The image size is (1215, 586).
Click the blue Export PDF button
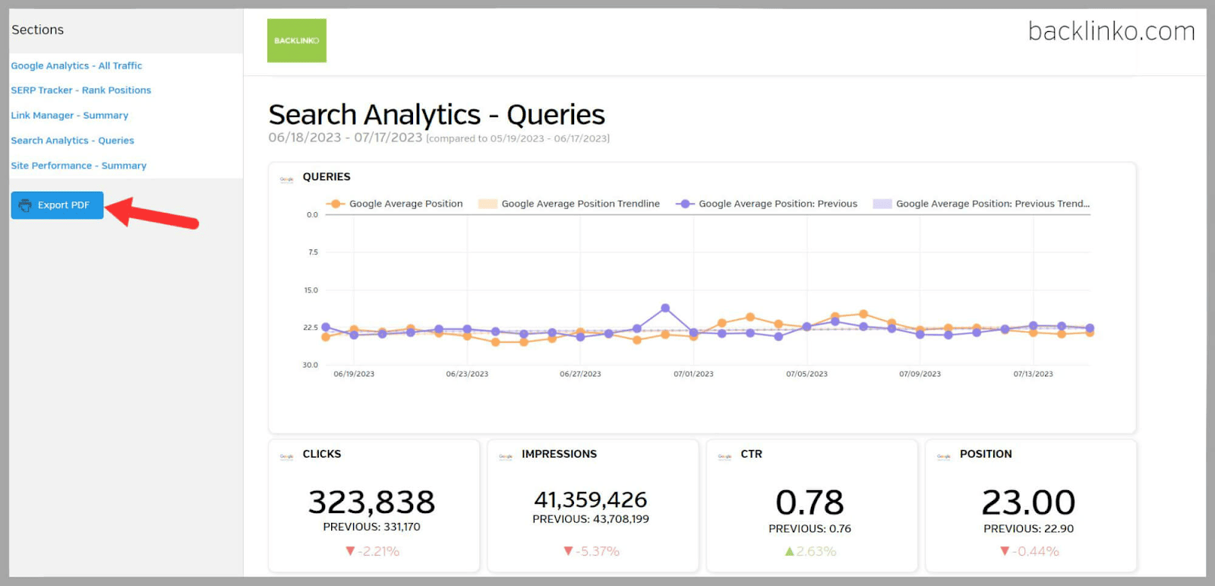[57, 205]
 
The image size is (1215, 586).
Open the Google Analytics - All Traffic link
[76, 66]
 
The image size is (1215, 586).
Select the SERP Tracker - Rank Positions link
[80, 90]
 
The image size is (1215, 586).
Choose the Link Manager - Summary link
[69, 116]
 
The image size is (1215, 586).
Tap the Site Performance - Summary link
[78, 166]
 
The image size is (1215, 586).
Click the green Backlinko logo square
[296, 40]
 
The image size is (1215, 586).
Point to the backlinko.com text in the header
[1111, 31]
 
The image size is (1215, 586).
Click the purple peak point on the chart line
[665, 308]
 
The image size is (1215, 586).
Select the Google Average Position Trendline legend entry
[579, 204]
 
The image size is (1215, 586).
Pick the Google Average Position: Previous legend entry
[777, 204]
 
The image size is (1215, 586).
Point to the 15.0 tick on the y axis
[311, 290]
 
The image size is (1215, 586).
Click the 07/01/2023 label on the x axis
[693, 374]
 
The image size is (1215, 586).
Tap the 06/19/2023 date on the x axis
[354, 374]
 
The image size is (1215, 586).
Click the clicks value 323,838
[371, 502]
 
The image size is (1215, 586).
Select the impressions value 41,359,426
[590, 499]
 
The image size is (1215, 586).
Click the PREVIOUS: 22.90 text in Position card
[1028, 528]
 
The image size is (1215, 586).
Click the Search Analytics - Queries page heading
[437, 115]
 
